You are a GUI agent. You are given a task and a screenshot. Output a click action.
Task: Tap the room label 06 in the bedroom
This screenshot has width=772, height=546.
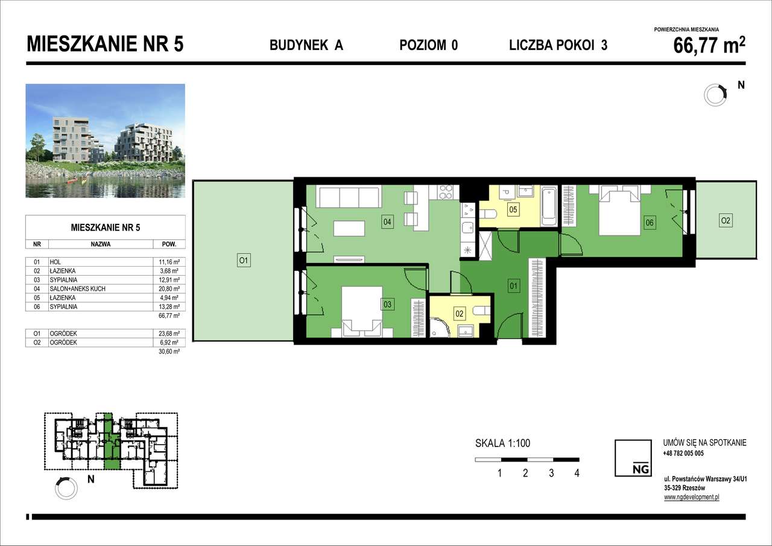pyautogui.click(x=650, y=223)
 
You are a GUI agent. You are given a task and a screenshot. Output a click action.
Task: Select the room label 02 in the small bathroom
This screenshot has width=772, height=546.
pyautogui.click(x=459, y=314)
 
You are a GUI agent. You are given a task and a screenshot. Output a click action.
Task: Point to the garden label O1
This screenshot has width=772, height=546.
pyautogui.click(x=243, y=261)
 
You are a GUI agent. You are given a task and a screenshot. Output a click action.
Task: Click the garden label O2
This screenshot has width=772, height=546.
pyautogui.click(x=726, y=221)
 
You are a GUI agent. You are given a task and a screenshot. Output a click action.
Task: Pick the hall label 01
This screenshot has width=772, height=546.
pyautogui.click(x=514, y=287)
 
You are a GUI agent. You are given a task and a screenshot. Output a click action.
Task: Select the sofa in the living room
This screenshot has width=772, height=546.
pyautogui.click(x=349, y=197)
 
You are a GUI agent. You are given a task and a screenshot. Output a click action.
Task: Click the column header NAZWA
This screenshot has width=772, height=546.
pyautogui.click(x=100, y=245)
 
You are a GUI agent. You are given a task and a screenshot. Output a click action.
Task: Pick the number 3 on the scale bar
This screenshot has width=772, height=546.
pyautogui.click(x=551, y=473)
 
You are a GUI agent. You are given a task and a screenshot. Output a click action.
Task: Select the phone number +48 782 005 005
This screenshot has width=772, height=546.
pyautogui.click(x=683, y=453)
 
